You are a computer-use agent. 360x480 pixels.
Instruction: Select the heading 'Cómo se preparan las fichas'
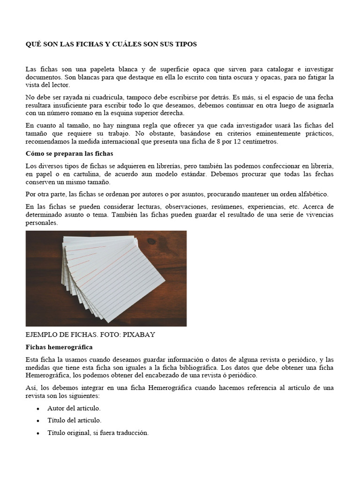[x=70, y=154]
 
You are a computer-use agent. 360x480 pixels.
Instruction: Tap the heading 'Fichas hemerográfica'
[x=59, y=347]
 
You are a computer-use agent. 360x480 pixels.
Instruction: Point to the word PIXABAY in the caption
[x=139, y=335]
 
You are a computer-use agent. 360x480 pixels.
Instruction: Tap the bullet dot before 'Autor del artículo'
[x=37, y=409]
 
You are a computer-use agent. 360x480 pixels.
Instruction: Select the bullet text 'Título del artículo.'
[x=74, y=420]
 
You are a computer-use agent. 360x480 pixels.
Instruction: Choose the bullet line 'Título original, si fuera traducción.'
[x=97, y=433]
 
